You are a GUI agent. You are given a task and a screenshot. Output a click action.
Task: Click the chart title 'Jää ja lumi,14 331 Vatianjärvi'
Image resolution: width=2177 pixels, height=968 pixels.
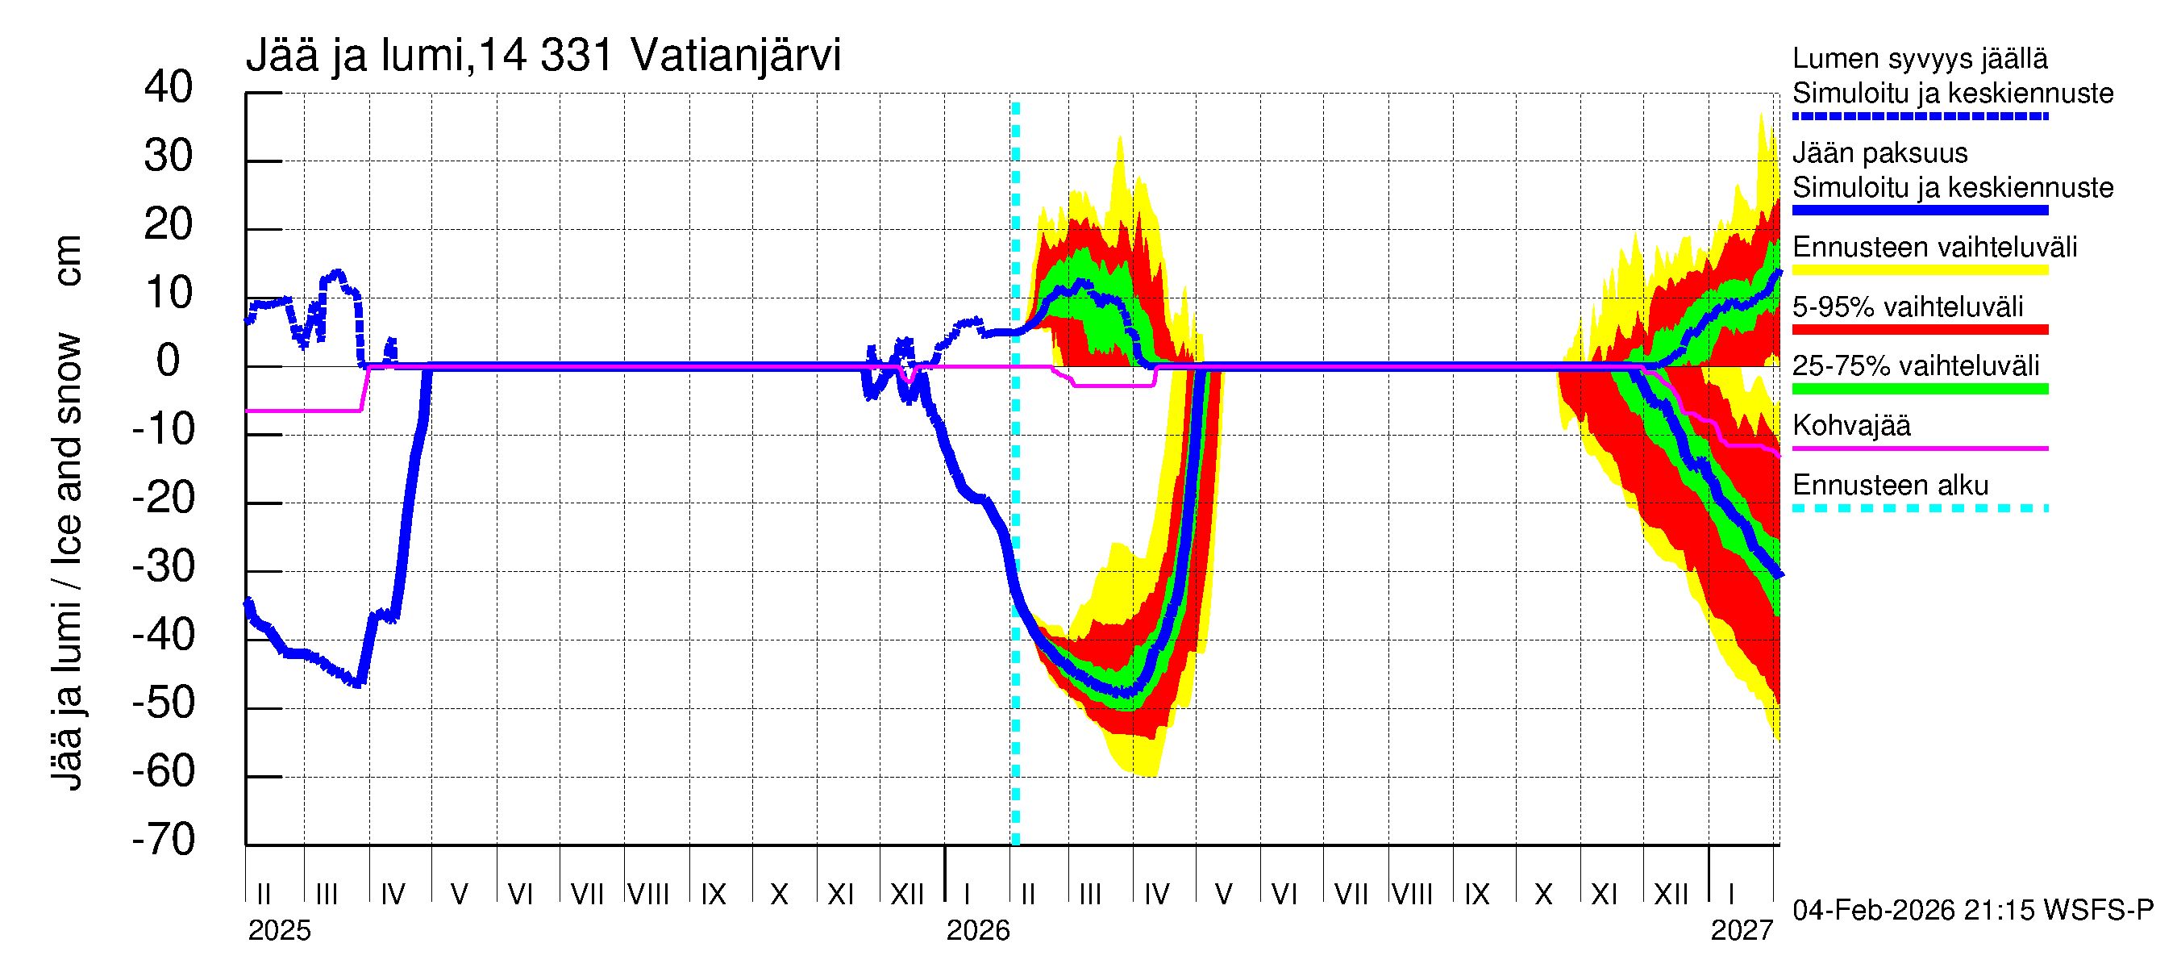(543, 56)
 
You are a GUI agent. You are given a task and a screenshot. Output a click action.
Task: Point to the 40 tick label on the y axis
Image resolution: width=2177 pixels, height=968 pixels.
(169, 87)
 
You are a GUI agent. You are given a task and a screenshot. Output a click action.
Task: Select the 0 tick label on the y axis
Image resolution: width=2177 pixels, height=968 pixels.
(169, 361)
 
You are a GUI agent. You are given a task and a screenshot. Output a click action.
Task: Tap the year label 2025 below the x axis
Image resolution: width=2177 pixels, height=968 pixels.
(279, 930)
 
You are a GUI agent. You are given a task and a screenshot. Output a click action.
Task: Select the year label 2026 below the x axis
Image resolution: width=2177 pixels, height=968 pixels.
(978, 930)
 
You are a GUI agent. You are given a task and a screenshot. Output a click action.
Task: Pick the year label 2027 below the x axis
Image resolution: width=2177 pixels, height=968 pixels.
(1741, 930)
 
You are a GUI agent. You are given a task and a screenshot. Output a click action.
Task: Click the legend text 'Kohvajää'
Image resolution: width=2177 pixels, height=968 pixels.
(1850, 425)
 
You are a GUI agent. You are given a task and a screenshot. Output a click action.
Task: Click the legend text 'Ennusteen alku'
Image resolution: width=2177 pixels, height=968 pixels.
(1890, 486)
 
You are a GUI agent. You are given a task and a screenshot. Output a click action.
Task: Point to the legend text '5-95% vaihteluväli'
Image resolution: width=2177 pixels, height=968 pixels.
(1907, 306)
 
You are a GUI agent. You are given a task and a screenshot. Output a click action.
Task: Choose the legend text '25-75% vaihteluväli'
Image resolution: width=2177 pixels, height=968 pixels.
(1915, 365)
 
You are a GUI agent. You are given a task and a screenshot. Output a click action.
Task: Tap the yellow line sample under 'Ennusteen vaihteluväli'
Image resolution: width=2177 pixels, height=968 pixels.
(1919, 270)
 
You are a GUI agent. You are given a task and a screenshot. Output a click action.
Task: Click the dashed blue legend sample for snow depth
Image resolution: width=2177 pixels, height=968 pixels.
(1919, 116)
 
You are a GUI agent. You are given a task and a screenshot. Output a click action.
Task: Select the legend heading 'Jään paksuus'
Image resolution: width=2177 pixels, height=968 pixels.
(1879, 153)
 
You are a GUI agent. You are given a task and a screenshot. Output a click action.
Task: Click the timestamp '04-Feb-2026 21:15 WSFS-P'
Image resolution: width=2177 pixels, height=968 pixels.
(1972, 910)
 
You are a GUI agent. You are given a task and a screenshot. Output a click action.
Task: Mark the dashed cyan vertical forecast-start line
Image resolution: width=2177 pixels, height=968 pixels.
(1016, 592)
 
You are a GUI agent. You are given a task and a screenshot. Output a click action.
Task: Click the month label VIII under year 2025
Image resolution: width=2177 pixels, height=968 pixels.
(648, 894)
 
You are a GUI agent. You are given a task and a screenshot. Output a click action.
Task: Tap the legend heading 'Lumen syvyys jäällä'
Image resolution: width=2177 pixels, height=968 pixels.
(1919, 58)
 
